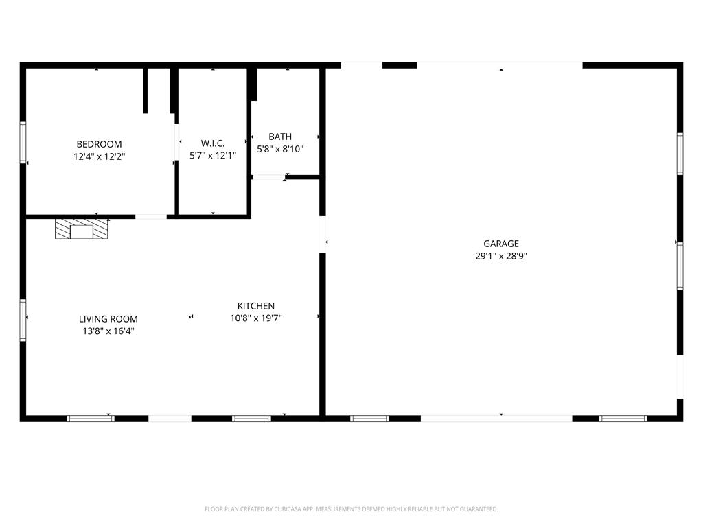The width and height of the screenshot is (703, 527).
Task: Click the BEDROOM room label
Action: click(x=99, y=144)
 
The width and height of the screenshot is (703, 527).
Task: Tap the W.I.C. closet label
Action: click(x=213, y=143)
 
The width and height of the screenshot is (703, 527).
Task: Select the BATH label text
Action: click(x=280, y=137)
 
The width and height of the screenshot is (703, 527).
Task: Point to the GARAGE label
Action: click(x=500, y=244)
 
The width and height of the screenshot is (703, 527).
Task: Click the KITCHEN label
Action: click(x=256, y=306)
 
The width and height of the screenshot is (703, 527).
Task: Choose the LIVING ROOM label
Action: click(x=108, y=319)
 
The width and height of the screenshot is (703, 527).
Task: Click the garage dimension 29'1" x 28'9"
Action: click(x=500, y=257)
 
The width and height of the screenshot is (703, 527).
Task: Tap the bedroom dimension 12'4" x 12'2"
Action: click(x=99, y=157)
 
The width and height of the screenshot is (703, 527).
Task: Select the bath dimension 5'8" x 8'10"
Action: click(x=280, y=149)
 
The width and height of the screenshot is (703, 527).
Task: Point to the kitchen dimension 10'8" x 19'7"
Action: click(x=256, y=318)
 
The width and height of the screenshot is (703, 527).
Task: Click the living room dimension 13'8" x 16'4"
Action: click(x=108, y=331)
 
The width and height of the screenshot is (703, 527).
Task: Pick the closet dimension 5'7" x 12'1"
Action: click(x=213, y=156)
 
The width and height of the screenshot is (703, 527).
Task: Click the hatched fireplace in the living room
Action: click(x=82, y=229)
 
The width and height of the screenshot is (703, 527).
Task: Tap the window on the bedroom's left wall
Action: click(x=23, y=142)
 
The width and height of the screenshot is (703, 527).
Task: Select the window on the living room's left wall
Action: click(x=23, y=320)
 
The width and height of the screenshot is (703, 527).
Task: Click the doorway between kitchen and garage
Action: click(x=323, y=235)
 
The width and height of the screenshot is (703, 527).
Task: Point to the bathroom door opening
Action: click(x=268, y=178)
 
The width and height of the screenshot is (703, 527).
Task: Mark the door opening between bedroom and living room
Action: click(x=151, y=217)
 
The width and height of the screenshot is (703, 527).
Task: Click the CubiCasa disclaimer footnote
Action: click(x=351, y=509)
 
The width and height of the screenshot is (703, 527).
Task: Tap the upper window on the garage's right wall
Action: click(x=680, y=154)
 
